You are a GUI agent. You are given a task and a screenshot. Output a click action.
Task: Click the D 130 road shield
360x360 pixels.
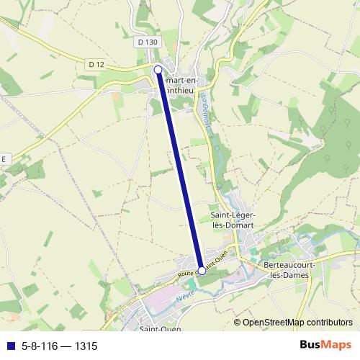(x=147, y=42)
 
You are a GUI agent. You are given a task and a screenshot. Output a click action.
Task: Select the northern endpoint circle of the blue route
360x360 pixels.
(x=158, y=69)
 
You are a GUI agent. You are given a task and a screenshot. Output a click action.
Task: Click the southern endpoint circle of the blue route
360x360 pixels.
(x=202, y=271)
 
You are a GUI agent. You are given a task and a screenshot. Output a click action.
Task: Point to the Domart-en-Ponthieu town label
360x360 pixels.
(x=183, y=86)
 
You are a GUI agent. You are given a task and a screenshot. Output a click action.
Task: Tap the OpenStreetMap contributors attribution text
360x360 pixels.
(x=297, y=323)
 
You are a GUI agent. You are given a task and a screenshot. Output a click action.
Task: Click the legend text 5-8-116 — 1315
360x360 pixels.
(x=59, y=346)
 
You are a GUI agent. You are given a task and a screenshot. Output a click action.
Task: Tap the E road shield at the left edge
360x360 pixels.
(x=4, y=158)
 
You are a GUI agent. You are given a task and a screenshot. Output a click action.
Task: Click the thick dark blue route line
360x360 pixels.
(x=180, y=170)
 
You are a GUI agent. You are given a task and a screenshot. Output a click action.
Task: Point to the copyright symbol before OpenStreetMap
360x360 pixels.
(x=238, y=323)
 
